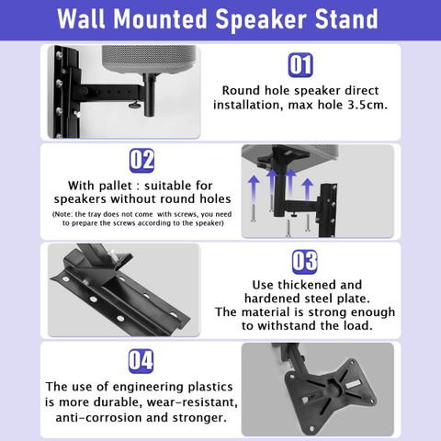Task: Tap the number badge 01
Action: point(300,64)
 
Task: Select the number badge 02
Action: point(141,161)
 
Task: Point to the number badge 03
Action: point(305,262)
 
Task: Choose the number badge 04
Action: point(141,361)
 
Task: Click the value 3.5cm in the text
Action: point(367,105)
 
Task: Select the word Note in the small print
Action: point(63,214)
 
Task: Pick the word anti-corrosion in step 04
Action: point(99,418)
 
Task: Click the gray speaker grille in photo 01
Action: point(149,59)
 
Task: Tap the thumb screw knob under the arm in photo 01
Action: point(134,106)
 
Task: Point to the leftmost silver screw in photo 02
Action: point(254,213)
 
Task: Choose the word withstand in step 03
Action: point(287,325)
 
